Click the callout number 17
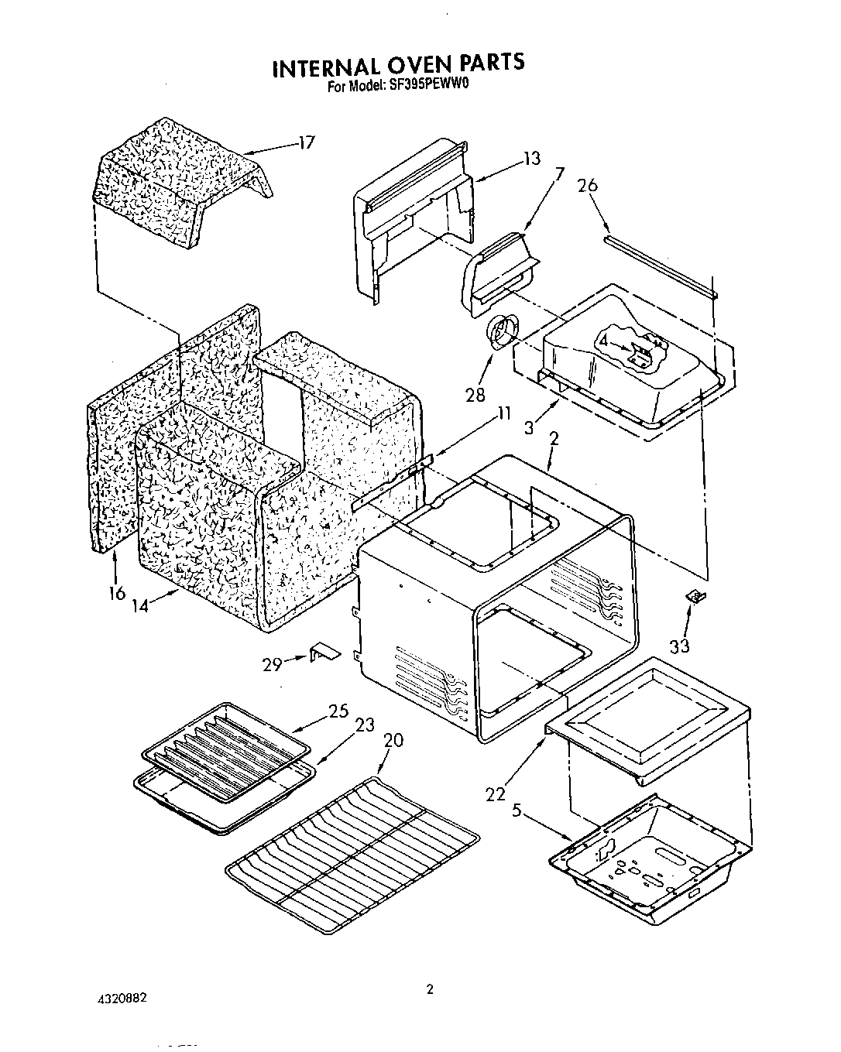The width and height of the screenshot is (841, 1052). coord(307,143)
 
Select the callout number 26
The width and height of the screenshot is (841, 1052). coord(588,186)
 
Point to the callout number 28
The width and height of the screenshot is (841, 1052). coord(475,395)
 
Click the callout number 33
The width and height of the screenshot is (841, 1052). coord(679,644)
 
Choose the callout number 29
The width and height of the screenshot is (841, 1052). coord(273,664)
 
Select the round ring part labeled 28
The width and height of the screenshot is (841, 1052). coord(501,332)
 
